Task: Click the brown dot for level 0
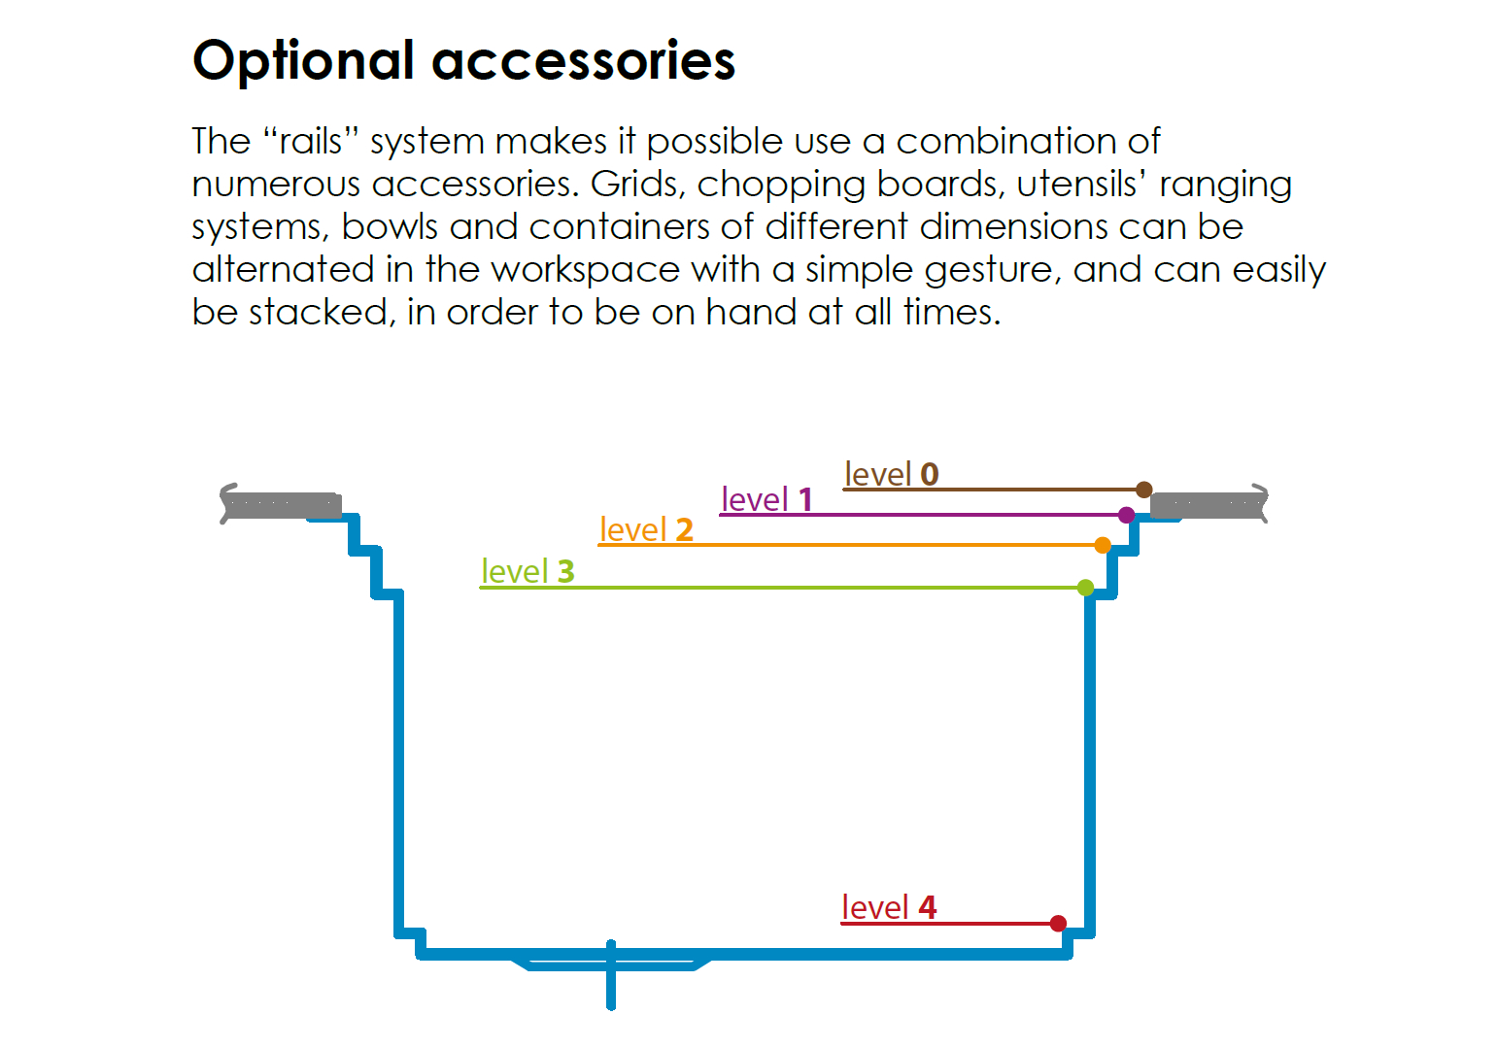click(1143, 490)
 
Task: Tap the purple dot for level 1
click(1126, 515)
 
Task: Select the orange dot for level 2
click(1103, 546)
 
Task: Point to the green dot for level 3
click(1085, 588)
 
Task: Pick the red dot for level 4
click(1058, 924)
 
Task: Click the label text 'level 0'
click(892, 474)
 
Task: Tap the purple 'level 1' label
click(767, 499)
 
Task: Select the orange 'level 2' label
click(646, 529)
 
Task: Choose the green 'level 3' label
click(528, 571)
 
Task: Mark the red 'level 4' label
click(889, 907)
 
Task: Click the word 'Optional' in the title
click(304, 62)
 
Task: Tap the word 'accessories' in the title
click(584, 62)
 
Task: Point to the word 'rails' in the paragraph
click(311, 142)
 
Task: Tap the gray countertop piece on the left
click(281, 504)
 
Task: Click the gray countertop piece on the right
click(1209, 504)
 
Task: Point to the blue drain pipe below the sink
click(611, 975)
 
